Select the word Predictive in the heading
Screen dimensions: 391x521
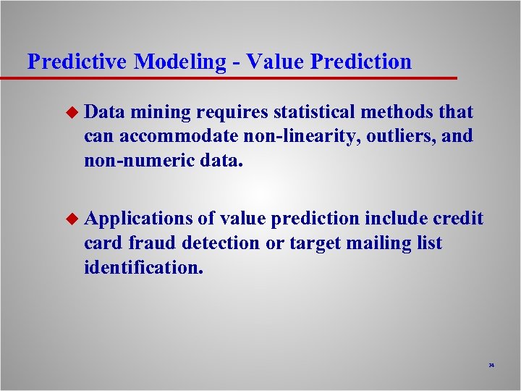point(77,62)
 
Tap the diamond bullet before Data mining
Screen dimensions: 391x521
point(70,112)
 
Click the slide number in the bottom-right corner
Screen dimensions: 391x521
point(491,366)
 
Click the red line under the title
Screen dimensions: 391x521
point(232,77)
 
